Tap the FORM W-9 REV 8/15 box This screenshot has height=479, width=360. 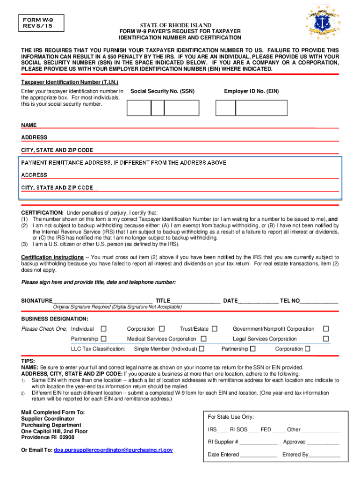click(x=39, y=22)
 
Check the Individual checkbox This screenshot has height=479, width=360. click(x=103, y=329)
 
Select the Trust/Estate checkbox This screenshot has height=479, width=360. click(x=215, y=329)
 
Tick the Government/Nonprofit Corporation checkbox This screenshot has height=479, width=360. click(x=326, y=329)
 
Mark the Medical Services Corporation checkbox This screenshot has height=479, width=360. click(x=203, y=339)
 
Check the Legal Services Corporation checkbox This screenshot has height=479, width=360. click(x=326, y=339)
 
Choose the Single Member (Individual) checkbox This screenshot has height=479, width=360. click(x=202, y=348)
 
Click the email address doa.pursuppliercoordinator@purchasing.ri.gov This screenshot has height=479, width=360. click(x=113, y=450)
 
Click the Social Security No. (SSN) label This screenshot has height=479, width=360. click(x=163, y=91)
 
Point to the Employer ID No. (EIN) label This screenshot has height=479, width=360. click(x=251, y=91)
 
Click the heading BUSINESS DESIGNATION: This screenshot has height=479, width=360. click(x=55, y=319)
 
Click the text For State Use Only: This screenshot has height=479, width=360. click(x=231, y=417)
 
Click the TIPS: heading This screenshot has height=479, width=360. click(x=28, y=361)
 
